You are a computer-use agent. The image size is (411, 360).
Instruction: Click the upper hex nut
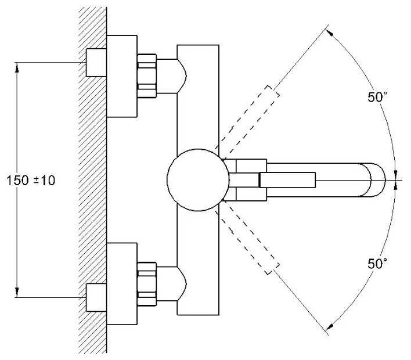click(147, 73)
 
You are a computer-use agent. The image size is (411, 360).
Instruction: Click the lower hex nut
click(147, 283)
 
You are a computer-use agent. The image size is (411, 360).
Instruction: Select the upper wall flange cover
click(122, 75)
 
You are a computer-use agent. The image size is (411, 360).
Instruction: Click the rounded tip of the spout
click(377, 180)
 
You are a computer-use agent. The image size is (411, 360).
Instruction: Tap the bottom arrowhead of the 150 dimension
click(17, 293)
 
